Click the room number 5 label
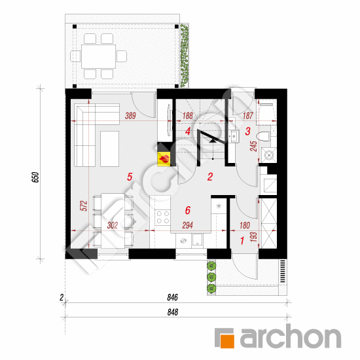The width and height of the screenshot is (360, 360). tap(130, 177)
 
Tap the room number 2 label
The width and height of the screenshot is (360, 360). tap(210, 177)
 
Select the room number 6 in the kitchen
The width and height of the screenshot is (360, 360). tap(188, 210)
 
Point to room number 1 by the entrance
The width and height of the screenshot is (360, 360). tap(242, 241)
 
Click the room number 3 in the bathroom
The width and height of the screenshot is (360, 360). tap(247, 132)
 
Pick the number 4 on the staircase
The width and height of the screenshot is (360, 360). tap(188, 132)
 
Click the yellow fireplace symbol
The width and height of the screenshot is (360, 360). tap(164, 158)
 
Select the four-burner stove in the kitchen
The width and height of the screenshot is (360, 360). tap(163, 217)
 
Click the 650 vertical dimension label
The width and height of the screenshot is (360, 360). tap(35, 177)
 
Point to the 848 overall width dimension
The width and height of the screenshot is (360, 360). tap(172, 312)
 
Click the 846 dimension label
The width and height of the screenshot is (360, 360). tap(172, 297)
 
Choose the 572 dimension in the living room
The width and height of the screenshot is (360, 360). tap(84, 206)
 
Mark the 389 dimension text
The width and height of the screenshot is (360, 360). tap(130, 115)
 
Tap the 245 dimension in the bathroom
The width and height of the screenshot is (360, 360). tap(253, 146)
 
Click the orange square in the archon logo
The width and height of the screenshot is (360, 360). tap(228, 342)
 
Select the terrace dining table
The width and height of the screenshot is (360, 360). tap(98, 56)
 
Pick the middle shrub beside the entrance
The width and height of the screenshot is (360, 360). tap(211, 277)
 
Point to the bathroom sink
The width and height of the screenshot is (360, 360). tap(234, 136)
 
